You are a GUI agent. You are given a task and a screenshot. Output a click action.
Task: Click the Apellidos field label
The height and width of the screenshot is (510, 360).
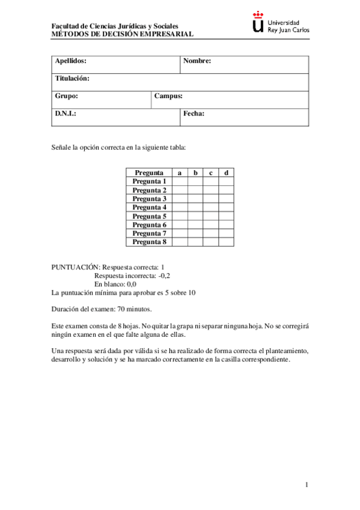(x=71, y=61)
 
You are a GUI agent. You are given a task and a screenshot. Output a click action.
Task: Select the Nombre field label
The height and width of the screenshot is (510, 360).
(x=197, y=61)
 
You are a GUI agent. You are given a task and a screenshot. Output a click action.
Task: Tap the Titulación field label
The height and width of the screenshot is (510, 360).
(x=72, y=78)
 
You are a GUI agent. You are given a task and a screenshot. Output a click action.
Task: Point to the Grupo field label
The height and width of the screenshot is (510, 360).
(x=66, y=96)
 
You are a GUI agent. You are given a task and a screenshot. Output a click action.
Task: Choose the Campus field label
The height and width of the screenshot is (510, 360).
(x=168, y=96)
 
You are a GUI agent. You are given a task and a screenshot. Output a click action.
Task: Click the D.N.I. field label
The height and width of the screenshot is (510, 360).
(x=66, y=113)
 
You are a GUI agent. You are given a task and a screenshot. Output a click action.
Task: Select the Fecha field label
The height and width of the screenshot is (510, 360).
(x=194, y=113)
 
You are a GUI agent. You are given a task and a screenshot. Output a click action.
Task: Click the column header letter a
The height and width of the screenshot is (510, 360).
(x=180, y=173)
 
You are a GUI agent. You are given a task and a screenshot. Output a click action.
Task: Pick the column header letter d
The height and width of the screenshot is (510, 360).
(x=226, y=173)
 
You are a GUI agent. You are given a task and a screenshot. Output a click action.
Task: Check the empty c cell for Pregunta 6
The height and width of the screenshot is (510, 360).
(x=211, y=224)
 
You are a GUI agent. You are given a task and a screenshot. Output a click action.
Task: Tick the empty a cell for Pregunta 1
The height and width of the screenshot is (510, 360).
(x=180, y=181)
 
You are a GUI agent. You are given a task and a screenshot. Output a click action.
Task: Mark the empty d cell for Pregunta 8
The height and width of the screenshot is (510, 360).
(x=226, y=242)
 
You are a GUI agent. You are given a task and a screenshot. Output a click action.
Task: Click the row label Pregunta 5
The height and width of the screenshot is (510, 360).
(x=149, y=216)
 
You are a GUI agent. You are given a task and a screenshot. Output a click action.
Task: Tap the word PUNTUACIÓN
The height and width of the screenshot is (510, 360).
(x=75, y=267)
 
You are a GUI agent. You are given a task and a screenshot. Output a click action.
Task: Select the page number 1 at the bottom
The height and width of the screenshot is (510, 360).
(x=307, y=485)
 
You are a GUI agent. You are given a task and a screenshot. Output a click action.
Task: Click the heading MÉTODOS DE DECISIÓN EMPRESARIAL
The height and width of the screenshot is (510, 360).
(x=123, y=34)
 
